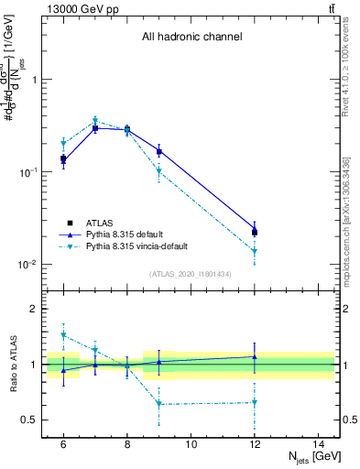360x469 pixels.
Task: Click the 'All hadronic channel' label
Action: (191, 38)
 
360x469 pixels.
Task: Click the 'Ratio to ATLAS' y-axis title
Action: (12, 365)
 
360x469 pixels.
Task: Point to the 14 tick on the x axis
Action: (318, 444)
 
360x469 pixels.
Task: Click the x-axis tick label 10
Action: (191, 444)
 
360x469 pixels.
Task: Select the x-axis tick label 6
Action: (63, 444)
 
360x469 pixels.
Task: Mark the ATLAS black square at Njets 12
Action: (255, 233)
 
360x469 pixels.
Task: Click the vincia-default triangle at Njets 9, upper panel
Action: (159, 171)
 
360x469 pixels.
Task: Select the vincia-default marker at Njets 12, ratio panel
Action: (255, 402)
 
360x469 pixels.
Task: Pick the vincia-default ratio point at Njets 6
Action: (63, 335)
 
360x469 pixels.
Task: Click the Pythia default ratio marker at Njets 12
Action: (255, 356)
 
